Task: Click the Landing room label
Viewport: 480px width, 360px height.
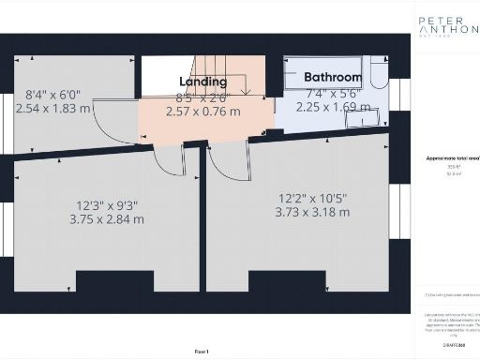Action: tap(202, 82)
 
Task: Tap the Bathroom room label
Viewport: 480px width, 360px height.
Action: tap(332, 77)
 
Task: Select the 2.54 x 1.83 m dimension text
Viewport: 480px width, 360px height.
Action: tap(53, 108)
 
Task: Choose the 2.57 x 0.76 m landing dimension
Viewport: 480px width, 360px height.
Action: tap(202, 111)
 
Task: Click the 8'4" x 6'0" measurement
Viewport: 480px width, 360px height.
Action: tap(53, 94)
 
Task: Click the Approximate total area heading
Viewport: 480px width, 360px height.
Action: tap(446, 158)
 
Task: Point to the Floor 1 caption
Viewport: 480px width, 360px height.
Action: tap(202, 350)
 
